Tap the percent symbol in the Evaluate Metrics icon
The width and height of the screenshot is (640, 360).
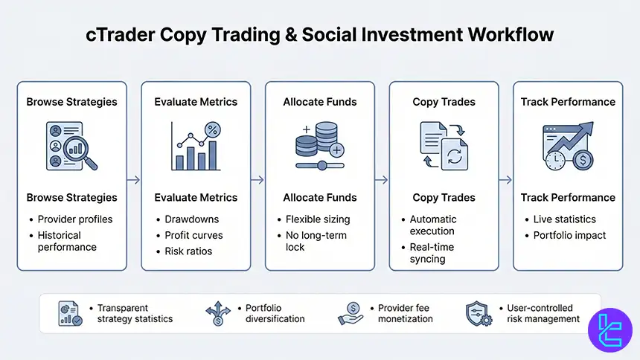(x=213, y=130)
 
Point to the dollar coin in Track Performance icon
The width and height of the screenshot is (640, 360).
(x=582, y=159)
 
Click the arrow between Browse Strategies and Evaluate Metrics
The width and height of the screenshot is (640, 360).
(x=134, y=179)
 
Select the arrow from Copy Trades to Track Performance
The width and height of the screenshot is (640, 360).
(x=506, y=179)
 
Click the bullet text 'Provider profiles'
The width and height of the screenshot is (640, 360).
(x=75, y=219)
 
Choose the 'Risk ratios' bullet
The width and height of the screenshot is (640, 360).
(x=188, y=251)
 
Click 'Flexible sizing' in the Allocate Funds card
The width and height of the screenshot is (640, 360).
(x=318, y=219)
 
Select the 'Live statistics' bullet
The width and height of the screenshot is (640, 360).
(x=565, y=219)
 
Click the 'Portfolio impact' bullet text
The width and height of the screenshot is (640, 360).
(x=570, y=235)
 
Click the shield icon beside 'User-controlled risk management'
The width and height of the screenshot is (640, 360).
(x=477, y=313)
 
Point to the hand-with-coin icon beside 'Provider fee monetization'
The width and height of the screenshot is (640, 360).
(x=353, y=313)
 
